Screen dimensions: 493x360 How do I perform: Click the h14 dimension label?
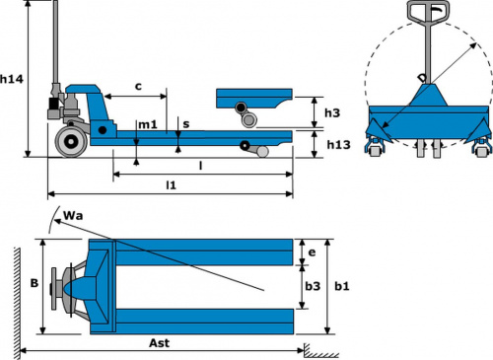coord(12,79)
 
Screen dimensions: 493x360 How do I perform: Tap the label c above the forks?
coord(138,87)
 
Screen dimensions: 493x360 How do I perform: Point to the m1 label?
coord(148,125)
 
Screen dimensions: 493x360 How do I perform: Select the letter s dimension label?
coord(186,124)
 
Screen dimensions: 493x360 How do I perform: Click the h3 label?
coord(332,112)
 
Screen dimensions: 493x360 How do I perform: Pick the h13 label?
coord(338,145)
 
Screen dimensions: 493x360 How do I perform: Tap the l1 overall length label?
coord(171,185)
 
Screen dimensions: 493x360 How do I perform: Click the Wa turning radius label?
coord(73,216)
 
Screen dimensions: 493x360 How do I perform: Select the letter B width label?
coord(35,283)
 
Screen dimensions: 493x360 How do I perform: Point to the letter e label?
coord(312,252)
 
